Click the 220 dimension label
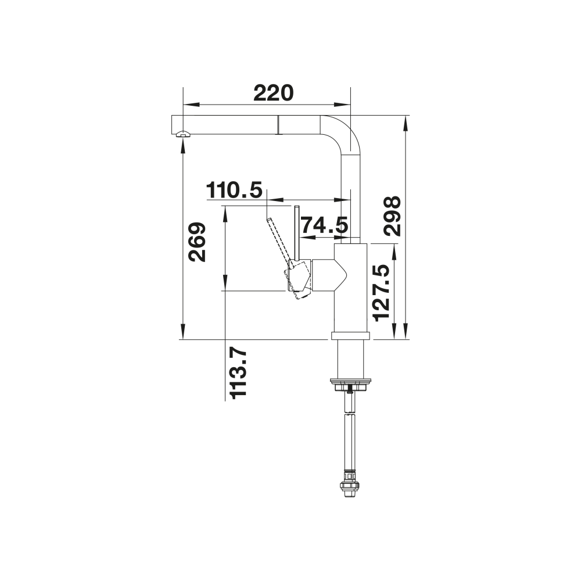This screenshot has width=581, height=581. pyautogui.click(x=274, y=93)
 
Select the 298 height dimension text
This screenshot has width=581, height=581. pyautogui.click(x=392, y=216)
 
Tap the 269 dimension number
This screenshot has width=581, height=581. pyautogui.click(x=197, y=242)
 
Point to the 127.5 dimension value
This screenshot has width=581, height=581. pyautogui.click(x=382, y=293)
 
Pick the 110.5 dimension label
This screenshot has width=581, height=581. pyautogui.click(x=234, y=190)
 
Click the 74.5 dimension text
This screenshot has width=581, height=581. pyautogui.click(x=324, y=225)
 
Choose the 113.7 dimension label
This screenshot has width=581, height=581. pyautogui.click(x=238, y=374)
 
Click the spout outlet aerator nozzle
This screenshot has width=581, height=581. pyautogui.click(x=182, y=134)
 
